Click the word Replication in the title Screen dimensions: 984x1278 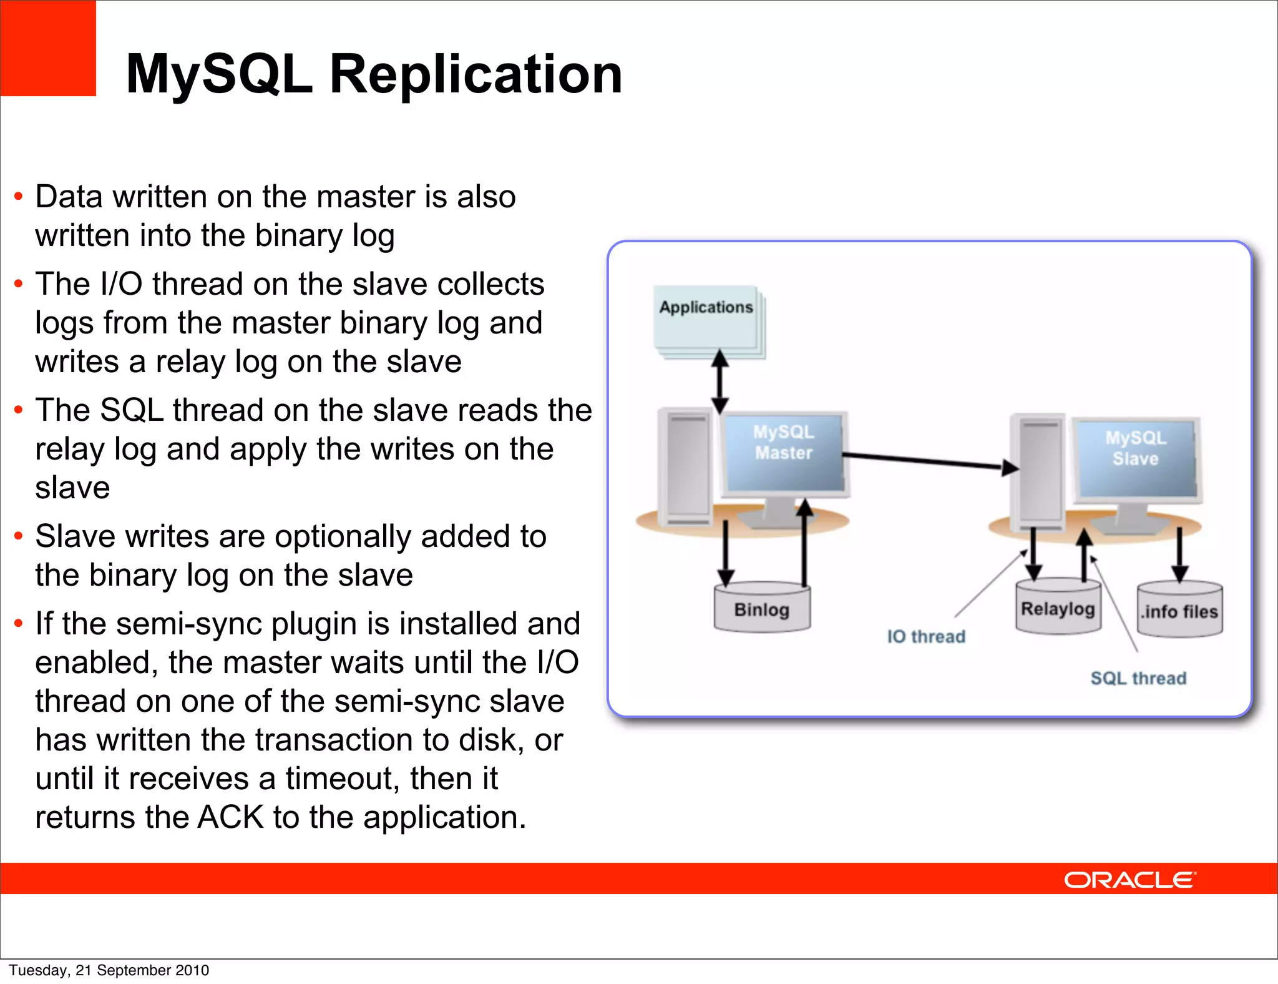pyautogui.click(x=476, y=74)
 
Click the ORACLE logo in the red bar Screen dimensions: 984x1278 pyautogui.click(x=1129, y=880)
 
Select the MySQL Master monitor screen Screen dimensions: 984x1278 pyautogui.click(x=784, y=452)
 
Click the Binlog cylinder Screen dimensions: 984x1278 pyautogui.click(x=762, y=609)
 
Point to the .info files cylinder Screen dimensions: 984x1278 pyautogui.click(x=1179, y=611)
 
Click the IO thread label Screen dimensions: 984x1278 pyautogui.click(x=926, y=637)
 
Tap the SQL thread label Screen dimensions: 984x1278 pyautogui.click(x=1138, y=679)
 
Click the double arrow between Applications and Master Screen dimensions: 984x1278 pyautogui.click(x=720, y=381)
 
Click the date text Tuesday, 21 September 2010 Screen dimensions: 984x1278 pyautogui.click(x=109, y=970)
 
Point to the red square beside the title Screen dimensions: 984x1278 pyautogui.click(x=48, y=48)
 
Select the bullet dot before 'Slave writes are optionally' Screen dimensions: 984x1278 pyautogui.click(x=19, y=536)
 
